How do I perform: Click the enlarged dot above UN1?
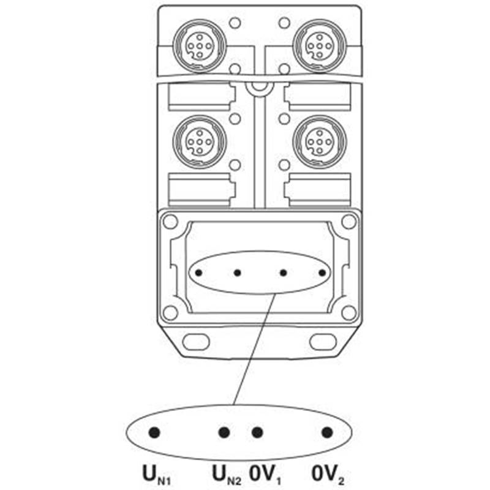tap(154, 432)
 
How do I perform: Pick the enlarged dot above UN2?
tap(224, 432)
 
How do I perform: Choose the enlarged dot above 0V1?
tap(257, 432)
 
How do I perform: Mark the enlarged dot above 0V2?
tap(327, 432)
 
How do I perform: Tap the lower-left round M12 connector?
tap(200, 142)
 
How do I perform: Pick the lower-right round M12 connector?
tap(319, 142)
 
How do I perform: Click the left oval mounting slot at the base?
tap(195, 342)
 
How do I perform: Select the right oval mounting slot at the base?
tap(323, 342)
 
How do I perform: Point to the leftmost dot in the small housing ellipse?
tap(198, 273)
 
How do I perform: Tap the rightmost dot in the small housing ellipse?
tap(322, 273)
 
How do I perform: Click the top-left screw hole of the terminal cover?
tap(170, 222)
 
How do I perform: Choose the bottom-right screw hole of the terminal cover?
tap(349, 312)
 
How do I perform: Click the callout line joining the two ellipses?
tap(254, 349)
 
